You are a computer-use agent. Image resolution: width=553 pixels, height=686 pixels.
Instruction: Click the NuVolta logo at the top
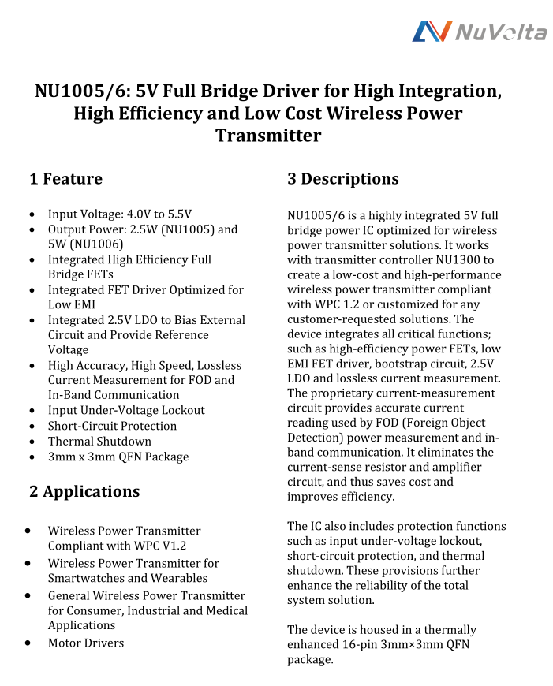480,32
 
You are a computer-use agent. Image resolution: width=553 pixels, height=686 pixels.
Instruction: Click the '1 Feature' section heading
66,179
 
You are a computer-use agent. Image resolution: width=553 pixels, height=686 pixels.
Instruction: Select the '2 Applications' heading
84,491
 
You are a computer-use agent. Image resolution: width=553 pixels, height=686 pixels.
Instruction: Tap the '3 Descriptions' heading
342,179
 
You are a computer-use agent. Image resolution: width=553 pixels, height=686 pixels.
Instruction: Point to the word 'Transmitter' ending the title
268,136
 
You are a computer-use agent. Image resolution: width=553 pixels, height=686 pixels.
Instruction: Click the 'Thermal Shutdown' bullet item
99,442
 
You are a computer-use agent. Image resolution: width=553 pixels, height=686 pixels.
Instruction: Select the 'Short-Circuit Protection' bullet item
112,426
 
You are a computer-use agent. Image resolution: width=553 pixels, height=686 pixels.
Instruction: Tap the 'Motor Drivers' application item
86,643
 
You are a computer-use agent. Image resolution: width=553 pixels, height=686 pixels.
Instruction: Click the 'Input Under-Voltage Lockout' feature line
126,410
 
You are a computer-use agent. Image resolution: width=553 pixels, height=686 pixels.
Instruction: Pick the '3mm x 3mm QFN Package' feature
118,457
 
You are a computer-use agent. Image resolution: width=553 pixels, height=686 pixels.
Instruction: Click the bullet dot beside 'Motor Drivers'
29,643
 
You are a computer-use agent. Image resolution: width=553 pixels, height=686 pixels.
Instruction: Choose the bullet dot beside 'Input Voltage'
30,214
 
